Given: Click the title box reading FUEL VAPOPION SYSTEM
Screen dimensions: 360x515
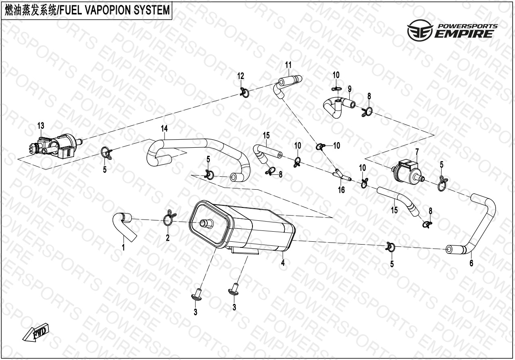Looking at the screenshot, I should tap(87, 10).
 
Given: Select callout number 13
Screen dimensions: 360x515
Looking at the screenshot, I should tap(41, 126).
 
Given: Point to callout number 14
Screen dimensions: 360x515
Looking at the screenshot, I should tap(164, 129).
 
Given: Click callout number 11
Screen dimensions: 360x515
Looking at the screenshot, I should tap(288, 65).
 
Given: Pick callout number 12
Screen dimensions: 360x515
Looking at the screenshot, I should tap(240, 76).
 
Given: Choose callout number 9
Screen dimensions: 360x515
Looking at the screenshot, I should tap(350, 88).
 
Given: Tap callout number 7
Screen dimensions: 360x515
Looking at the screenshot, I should tap(417, 152).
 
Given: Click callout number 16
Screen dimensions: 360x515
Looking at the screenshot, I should tap(341, 189).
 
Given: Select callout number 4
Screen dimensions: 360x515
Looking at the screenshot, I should tap(283, 263).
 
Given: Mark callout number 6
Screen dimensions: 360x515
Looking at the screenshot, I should tap(471, 264).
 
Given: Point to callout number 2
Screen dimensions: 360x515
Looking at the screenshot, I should tap(168, 238).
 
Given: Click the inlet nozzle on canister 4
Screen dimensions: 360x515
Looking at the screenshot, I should tap(206, 222).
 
